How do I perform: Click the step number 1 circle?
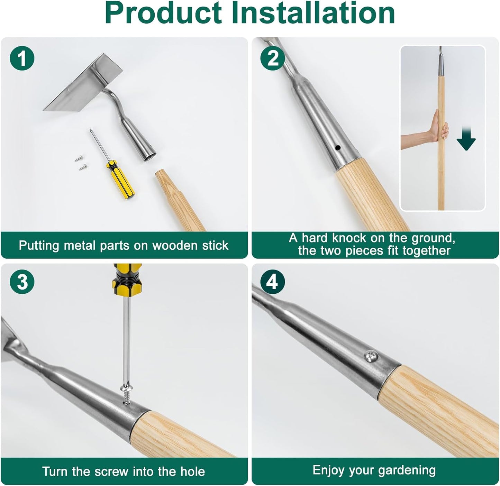22,58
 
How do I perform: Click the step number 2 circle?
273,58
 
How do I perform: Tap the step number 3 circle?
22,282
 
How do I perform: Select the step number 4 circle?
273,282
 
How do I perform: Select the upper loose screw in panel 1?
78,158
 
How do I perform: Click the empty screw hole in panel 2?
338,148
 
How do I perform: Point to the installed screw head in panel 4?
371,355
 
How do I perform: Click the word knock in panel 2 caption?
348,238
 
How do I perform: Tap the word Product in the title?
163,13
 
